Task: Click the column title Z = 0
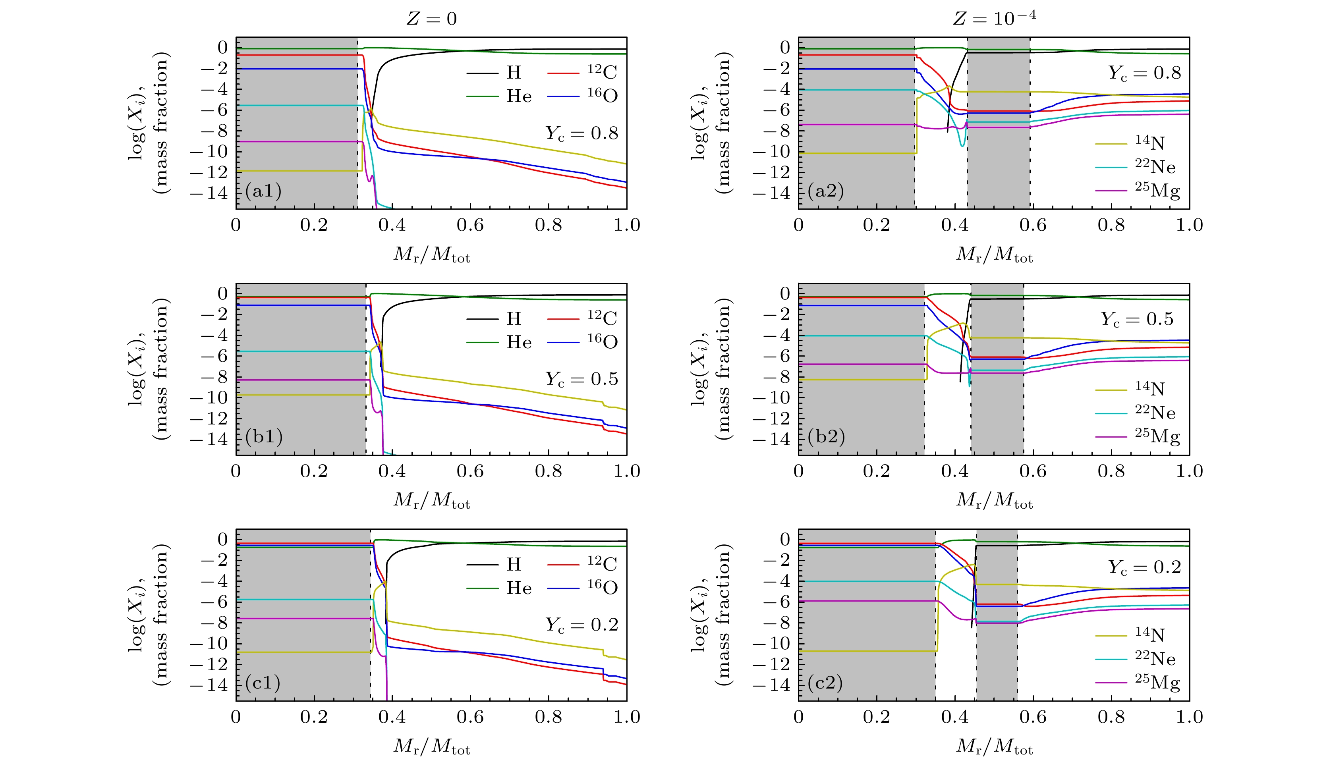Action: point(431,19)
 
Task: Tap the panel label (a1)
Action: point(263,191)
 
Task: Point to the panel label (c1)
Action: point(263,683)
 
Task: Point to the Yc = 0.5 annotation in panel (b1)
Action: point(581,379)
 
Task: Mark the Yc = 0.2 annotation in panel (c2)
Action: point(1144,567)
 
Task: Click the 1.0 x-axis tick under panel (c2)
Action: point(1189,717)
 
